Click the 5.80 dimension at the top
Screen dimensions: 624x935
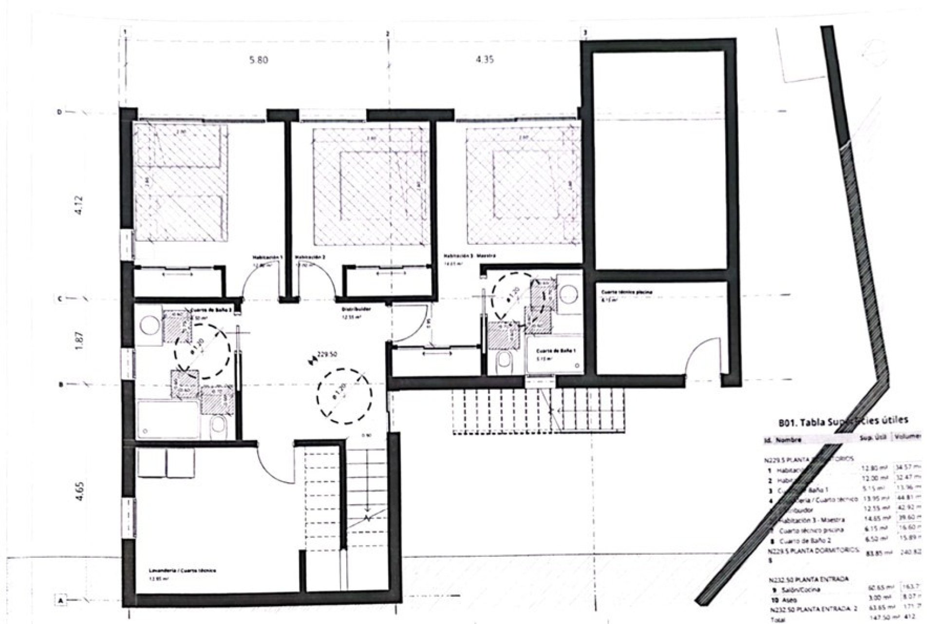click(259, 60)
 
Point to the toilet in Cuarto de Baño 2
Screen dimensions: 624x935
click(217, 426)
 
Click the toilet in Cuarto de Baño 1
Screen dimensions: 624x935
click(504, 362)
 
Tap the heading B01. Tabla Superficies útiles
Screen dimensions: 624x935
click(842, 421)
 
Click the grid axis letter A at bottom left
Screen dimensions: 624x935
click(60, 601)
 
